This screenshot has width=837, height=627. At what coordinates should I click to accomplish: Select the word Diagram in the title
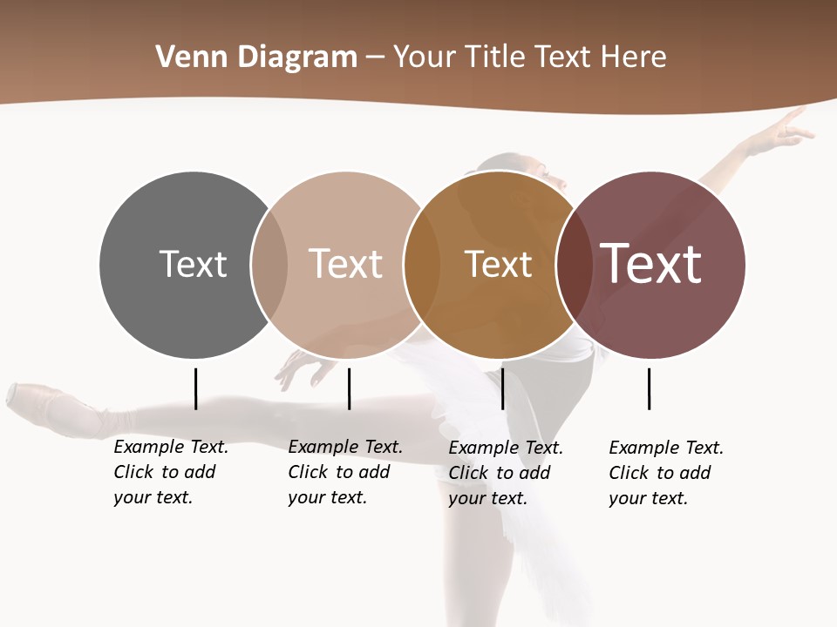297,57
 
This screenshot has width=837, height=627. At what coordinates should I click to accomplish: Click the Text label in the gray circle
193,264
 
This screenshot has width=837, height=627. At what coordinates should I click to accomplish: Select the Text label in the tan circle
345,264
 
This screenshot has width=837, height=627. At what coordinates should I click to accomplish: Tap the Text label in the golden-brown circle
498,264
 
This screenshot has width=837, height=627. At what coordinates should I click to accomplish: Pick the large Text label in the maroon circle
650,264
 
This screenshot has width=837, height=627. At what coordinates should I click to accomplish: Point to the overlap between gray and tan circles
269,265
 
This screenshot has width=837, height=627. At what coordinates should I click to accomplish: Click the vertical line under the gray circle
195,388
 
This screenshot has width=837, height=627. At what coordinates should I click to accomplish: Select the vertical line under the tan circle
349,388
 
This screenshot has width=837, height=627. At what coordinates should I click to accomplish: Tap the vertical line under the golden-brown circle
502,388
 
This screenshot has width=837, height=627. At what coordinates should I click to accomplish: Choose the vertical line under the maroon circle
649,388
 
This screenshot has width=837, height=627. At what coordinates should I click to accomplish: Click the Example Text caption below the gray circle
171,472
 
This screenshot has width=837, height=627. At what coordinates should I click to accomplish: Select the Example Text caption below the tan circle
345,472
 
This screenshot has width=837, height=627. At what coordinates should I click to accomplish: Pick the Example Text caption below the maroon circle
666,473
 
